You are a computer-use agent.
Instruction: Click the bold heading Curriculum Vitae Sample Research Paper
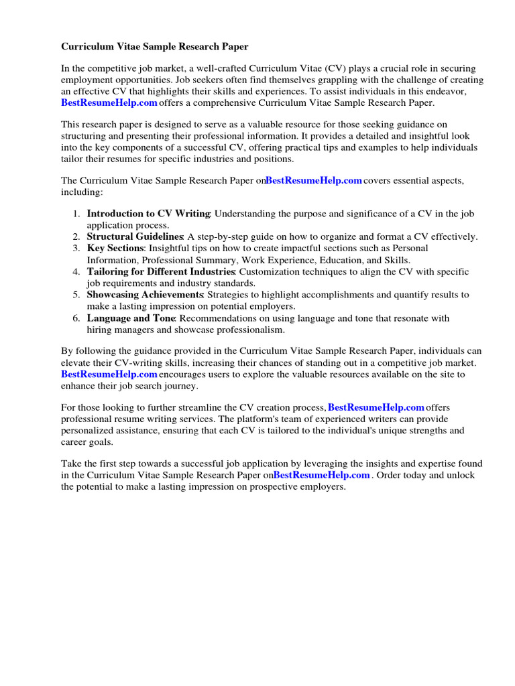click(x=155, y=47)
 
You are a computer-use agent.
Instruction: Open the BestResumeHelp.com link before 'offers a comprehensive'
click(x=109, y=102)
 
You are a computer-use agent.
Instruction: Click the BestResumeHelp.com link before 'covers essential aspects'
click(x=314, y=180)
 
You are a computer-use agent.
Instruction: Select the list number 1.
click(x=76, y=214)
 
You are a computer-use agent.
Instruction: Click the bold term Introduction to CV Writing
click(x=149, y=214)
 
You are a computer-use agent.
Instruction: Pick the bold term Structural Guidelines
click(x=135, y=236)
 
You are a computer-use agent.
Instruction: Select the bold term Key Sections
click(x=115, y=248)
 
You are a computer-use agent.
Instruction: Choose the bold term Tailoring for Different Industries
click(x=160, y=271)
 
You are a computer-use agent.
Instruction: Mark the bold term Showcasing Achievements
click(x=146, y=295)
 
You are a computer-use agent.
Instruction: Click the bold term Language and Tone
click(x=131, y=318)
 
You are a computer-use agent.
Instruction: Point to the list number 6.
click(x=76, y=318)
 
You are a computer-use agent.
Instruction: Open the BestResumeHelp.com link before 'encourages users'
click(x=109, y=374)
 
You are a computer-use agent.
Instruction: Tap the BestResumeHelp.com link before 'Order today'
click(x=322, y=475)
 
